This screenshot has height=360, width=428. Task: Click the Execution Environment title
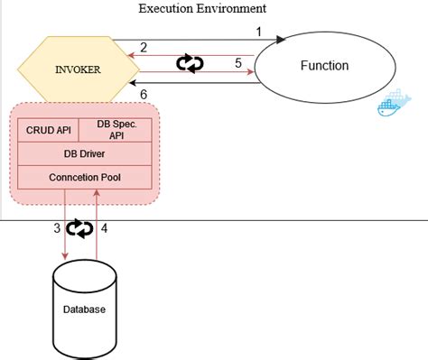tap(201, 9)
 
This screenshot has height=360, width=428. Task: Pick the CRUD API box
tap(51, 129)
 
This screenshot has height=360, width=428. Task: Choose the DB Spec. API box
tap(117, 130)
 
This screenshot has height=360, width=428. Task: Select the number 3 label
tap(56, 228)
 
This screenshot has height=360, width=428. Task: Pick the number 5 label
tap(237, 62)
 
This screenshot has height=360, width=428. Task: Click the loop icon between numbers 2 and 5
tap(190, 62)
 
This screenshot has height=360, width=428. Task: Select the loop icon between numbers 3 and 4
tap(82, 229)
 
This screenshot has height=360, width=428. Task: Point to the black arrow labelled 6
tap(199, 83)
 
